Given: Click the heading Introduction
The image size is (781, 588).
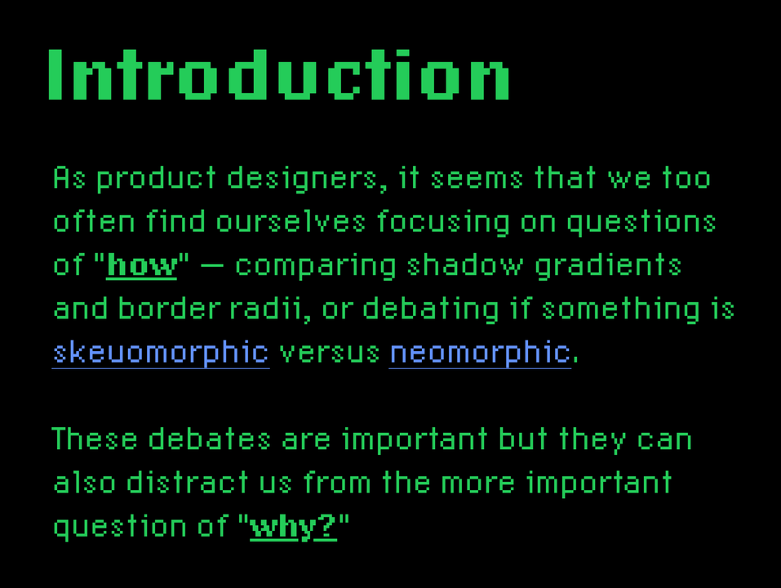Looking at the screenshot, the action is [278, 75].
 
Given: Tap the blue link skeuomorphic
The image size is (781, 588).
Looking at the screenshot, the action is [161, 353].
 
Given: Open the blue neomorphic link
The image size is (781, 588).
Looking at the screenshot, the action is [480, 353].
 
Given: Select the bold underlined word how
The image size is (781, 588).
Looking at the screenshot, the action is [142, 265].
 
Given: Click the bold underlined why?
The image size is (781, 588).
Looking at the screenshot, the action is [293, 527].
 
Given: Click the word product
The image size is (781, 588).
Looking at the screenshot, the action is [156, 179].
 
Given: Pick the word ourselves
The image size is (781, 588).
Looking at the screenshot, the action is [291, 222].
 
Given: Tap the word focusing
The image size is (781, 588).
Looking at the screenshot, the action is [444, 223].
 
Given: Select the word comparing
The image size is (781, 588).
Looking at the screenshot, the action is [316, 266].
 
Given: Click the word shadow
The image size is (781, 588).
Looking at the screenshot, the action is [465, 265].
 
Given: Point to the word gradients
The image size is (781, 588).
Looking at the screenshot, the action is [608, 266].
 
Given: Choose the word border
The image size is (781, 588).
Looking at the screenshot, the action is [170, 309].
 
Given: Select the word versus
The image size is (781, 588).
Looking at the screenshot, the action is [330, 354].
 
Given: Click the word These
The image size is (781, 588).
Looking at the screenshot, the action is [95, 439].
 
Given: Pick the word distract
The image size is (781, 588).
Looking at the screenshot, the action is [187, 483].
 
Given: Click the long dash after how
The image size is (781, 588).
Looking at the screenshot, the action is [211, 266].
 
